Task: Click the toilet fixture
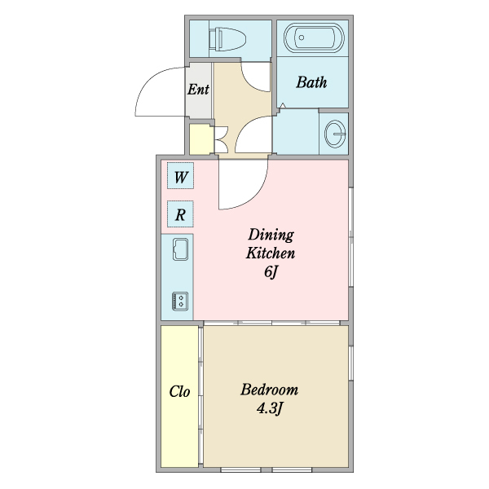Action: click(227, 39)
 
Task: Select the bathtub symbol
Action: click(314, 37)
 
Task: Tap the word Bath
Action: click(311, 82)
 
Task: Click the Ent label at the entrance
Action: click(198, 90)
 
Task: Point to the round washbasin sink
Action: click(335, 134)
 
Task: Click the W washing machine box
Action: click(180, 175)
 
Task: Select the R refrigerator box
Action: click(180, 214)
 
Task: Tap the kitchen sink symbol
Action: click(181, 249)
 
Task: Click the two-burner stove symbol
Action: click(180, 301)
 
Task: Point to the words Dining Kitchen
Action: click(271, 244)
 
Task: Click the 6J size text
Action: click(271, 272)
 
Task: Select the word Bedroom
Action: click(270, 390)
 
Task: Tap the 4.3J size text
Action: click(270, 408)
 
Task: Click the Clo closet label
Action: click(179, 391)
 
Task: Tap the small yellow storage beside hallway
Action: click(200, 139)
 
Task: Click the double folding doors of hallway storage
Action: click(222, 139)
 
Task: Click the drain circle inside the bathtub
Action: click(302, 37)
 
